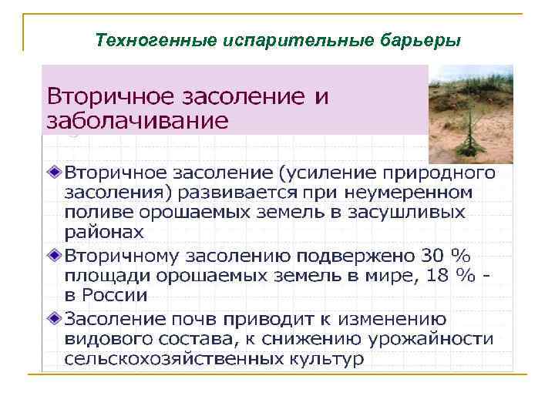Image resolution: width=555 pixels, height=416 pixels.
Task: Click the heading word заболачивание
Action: pos(138,120)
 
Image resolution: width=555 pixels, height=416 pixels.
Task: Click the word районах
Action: pos(104,232)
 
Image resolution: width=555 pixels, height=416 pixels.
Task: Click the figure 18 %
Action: pos(453,275)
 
